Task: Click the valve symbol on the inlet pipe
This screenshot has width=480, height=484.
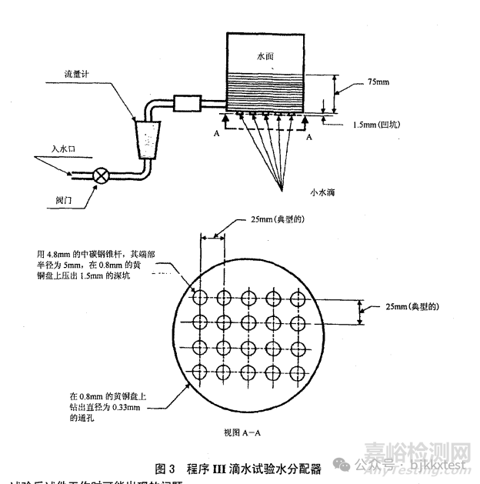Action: tap(101, 175)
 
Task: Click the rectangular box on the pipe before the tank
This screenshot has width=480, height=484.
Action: tap(186, 102)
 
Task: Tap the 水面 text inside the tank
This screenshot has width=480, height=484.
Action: tap(265, 57)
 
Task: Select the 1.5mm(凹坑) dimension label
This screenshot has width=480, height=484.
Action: tap(377, 124)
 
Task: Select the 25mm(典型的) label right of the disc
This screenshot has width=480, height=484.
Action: tap(412, 306)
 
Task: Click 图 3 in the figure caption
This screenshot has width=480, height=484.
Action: tap(166, 468)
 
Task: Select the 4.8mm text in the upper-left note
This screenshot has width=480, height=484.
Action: tap(59, 252)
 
